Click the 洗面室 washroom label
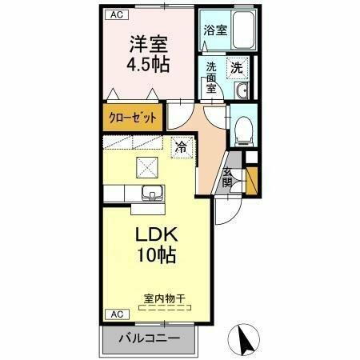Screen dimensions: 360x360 pyautogui.click(x=212, y=78)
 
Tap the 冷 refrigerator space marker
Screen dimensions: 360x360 pyautogui.click(x=182, y=146)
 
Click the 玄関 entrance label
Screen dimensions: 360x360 pyautogui.click(x=229, y=178)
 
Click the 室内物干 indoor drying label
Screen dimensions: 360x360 pyautogui.click(x=165, y=298)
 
